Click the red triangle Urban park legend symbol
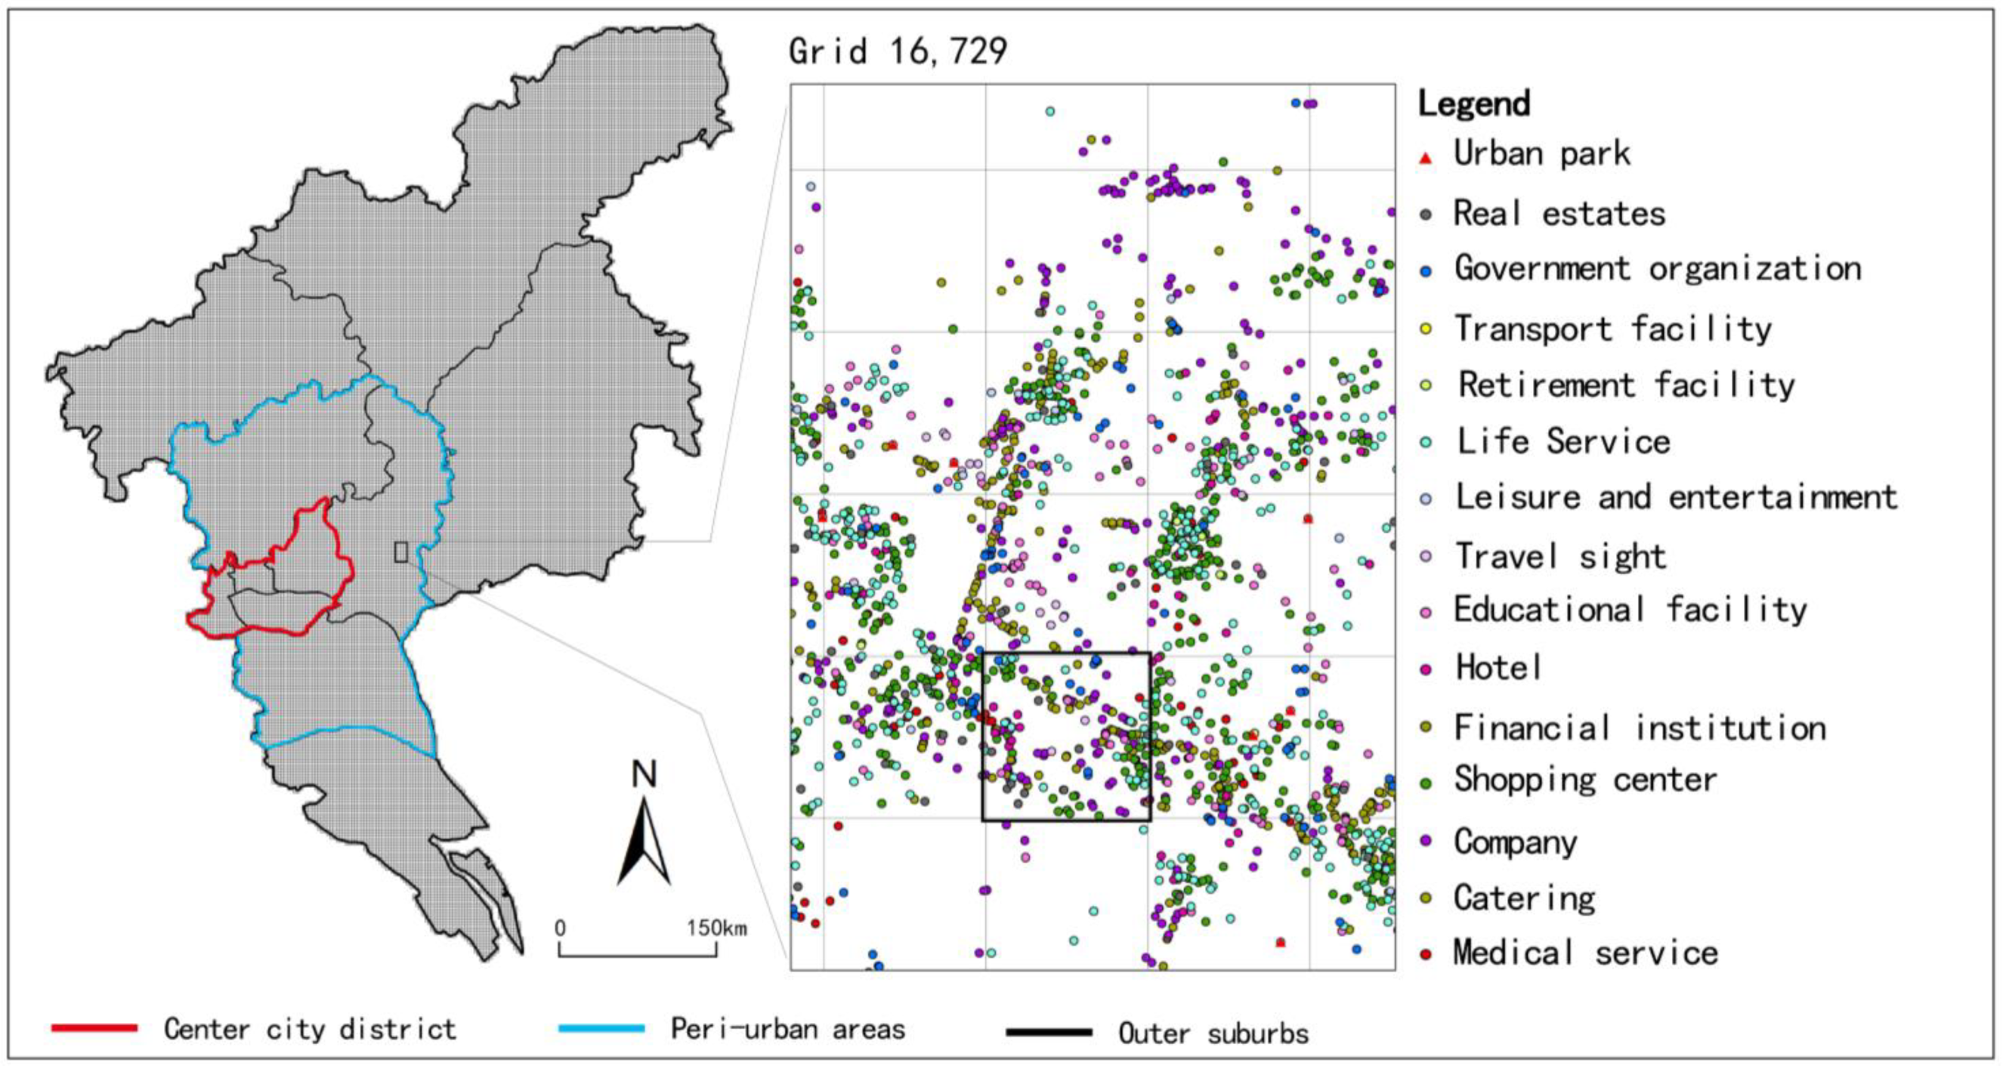coord(1426,158)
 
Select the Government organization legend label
coord(1657,269)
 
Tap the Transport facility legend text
coord(1612,329)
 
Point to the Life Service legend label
coord(1563,441)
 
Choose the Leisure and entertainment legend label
coord(1676,497)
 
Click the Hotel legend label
coord(1498,667)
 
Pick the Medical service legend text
coord(1584,953)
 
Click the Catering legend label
coord(1524,898)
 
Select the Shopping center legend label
coord(1584,780)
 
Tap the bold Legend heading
coord(1473,104)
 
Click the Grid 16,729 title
coord(897,52)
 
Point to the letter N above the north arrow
coord(644,775)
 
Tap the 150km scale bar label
coord(716,929)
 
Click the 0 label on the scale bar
coord(560,929)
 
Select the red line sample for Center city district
coord(94,1029)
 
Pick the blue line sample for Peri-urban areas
coord(601,1029)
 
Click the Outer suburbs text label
coord(1213,1034)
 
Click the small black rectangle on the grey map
coord(401,552)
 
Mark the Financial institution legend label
coord(1640,728)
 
